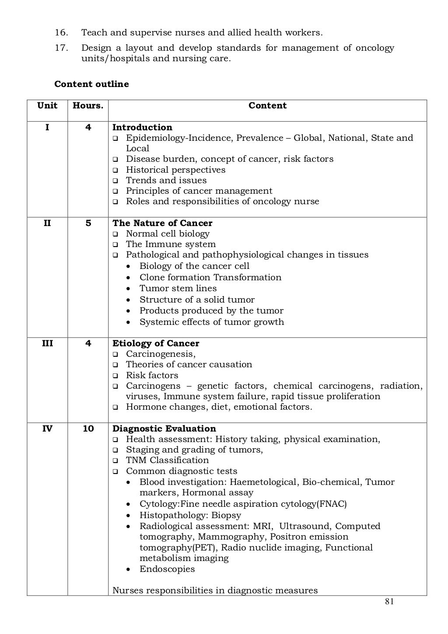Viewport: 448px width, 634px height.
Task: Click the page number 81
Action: click(389, 602)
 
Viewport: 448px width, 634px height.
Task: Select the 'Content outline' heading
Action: click(91, 84)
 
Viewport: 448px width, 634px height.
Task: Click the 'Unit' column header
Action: click(47, 105)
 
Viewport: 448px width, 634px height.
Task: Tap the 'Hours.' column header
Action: click(88, 105)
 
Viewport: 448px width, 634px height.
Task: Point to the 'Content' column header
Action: click(267, 105)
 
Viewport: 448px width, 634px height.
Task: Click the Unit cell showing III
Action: click(47, 343)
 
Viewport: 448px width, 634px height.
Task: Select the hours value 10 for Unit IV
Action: click(88, 428)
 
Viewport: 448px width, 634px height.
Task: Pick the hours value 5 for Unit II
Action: click(88, 223)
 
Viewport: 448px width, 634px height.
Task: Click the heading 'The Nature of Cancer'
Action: click(162, 223)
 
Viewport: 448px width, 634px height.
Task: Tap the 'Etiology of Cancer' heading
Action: click(156, 343)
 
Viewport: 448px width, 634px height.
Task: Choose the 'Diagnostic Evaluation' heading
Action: click(164, 428)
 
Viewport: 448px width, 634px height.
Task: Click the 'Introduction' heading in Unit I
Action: click(142, 127)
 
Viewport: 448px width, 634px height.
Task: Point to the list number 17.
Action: click(61, 48)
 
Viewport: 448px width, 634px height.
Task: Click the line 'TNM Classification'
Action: click(167, 460)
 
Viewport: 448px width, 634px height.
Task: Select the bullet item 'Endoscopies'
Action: click(167, 569)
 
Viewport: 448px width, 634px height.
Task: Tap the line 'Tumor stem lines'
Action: click(178, 288)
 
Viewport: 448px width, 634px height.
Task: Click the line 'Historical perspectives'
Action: click(175, 170)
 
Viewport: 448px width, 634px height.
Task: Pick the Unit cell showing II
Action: click(47, 223)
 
